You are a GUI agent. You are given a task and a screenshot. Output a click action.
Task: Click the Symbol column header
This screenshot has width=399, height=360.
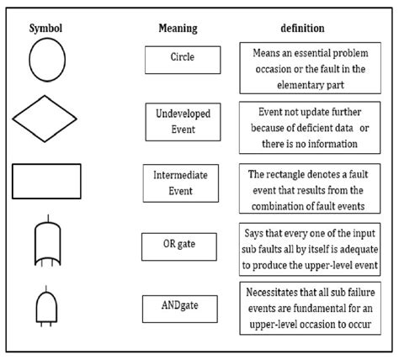pos(46,28)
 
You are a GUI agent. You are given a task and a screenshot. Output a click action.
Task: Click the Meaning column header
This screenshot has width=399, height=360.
pos(178,28)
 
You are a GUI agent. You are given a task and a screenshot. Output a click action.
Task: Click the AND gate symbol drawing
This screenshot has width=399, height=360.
pos(45,303)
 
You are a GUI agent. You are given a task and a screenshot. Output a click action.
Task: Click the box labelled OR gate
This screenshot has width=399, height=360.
pos(178,246)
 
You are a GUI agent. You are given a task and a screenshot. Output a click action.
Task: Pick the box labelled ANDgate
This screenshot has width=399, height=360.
pos(178,305)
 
